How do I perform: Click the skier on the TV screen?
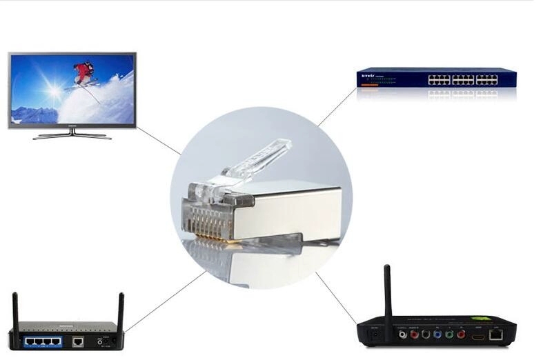pos(84,73)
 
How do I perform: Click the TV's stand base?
pos(72,136)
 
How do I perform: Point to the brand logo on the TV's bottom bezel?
pos(72,126)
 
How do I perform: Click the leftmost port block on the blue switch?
pos(439,79)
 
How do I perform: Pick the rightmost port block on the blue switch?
pos(486,79)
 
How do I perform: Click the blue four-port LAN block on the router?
pos(42,341)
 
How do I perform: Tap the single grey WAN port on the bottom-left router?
pos(78,341)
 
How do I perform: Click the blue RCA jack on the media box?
pos(437,336)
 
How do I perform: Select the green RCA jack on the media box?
pos(449,336)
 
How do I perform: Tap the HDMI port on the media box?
pos(478,337)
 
